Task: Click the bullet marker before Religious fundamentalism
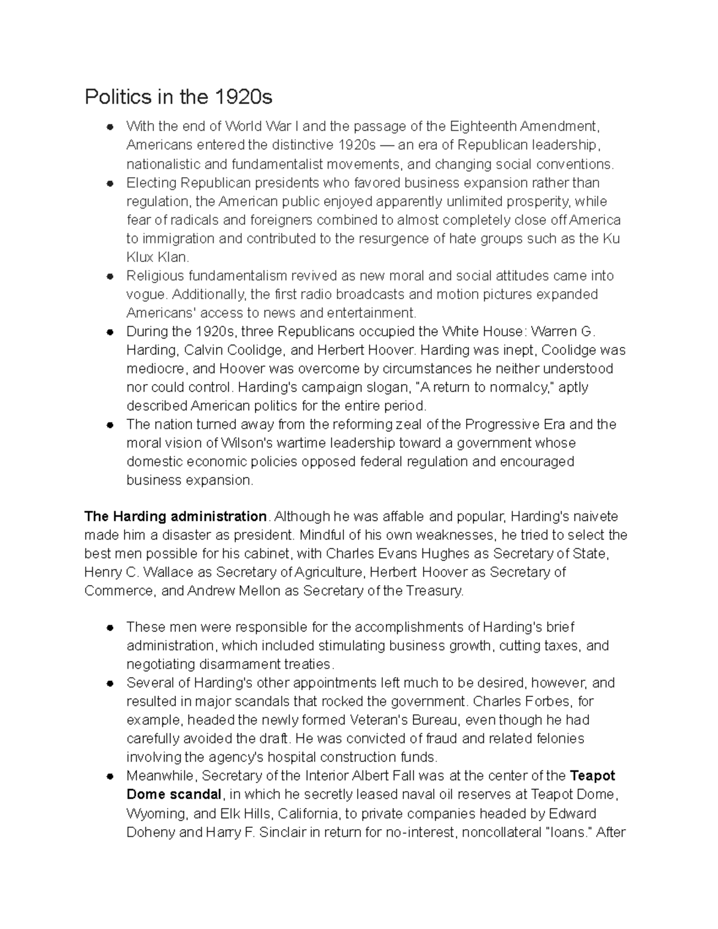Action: [x=110, y=277]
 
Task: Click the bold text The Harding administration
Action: [x=175, y=516]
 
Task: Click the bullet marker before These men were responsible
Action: [x=110, y=628]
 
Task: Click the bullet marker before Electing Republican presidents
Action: [x=110, y=184]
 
